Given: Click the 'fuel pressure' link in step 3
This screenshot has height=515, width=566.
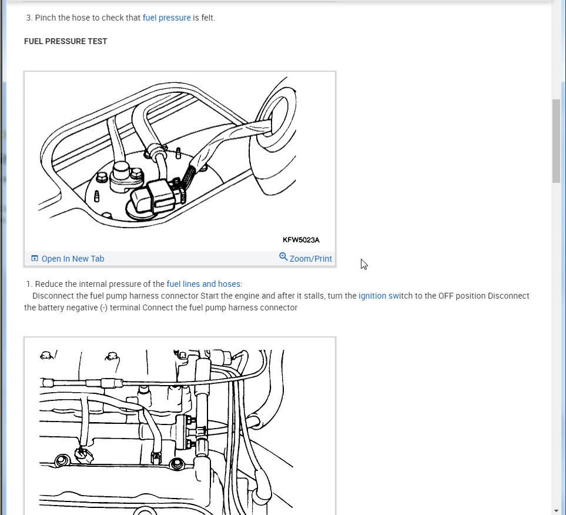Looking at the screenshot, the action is pyautogui.click(x=166, y=18).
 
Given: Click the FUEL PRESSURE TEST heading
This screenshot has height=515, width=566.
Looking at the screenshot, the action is pyautogui.click(x=66, y=42).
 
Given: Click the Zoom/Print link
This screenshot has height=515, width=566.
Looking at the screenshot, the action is pyautogui.click(x=310, y=259).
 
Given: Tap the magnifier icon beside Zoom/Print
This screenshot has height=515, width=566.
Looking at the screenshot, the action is pyautogui.click(x=283, y=257).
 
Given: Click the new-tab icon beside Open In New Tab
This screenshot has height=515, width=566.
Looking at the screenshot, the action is pyautogui.click(x=35, y=258).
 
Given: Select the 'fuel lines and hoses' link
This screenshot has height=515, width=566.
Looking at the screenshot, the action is pyautogui.click(x=203, y=284).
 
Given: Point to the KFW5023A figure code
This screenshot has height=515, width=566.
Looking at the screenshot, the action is pyautogui.click(x=301, y=240).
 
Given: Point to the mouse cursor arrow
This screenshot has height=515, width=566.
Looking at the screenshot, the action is pyautogui.click(x=363, y=264).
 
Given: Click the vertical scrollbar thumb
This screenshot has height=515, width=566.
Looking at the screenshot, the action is pyautogui.click(x=556, y=141).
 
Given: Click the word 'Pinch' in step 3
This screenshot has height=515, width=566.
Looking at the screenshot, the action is pyautogui.click(x=45, y=18).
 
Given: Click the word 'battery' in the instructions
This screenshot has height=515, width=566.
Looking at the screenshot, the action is pyautogui.click(x=50, y=307).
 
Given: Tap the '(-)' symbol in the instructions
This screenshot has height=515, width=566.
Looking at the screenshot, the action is pyautogui.click(x=104, y=307).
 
